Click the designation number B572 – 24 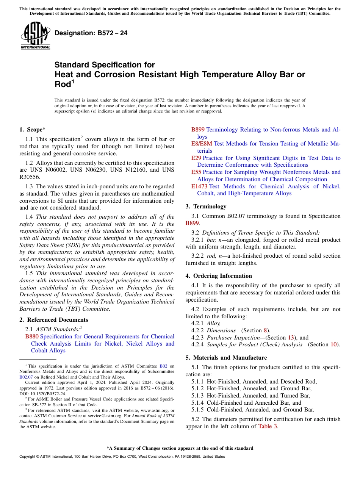point(91,33)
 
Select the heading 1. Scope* point(33,130)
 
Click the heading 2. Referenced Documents point(54,320)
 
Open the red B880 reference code point(32,336)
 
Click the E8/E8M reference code point(202,144)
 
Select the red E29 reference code point(196,158)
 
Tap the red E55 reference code point(196,172)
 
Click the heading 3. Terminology point(206,207)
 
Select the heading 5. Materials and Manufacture point(226,358)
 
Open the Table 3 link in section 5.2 point(268,426)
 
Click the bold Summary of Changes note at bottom point(180,448)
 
